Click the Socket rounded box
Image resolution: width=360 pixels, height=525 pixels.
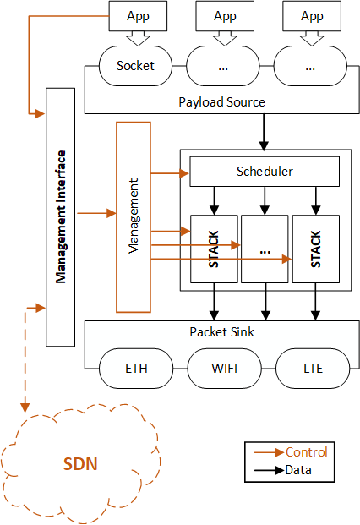[x=135, y=66]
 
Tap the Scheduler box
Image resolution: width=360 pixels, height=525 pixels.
[x=265, y=172]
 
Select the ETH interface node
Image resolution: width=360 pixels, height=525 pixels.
[x=136, y=369]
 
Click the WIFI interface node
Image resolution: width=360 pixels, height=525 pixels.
[x=225, y=369]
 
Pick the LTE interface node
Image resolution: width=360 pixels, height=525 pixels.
[x=313, y=369]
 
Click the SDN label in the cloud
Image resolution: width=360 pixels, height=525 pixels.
[x=80, y=464]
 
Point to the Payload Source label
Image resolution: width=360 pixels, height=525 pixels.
[x=221, y=102]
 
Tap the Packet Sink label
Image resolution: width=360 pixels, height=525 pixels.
[x=221, y=331]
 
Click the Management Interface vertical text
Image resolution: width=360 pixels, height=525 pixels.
[x=61, y=217]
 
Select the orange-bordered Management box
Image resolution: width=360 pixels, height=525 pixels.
[x=134, y=217]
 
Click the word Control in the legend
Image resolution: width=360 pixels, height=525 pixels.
[x=307, y=452]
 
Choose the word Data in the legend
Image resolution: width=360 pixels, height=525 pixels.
[x=298, y=470]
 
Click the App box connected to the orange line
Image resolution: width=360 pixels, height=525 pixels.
[x=138, y=16]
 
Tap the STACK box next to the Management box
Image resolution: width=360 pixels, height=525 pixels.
[x=214, y=249]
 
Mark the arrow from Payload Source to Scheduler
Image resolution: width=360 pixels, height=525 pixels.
[x=264, y=132]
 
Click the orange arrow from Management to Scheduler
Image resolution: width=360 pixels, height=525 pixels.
[x=170, y=173]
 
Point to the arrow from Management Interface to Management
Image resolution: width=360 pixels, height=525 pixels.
[x=96, y=213]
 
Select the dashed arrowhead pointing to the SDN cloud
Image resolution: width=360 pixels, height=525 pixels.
[x=25, y=407]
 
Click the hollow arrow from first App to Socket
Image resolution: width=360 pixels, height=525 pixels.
[x=138, y=39]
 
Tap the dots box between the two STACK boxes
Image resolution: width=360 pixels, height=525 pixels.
[x=265, y=249]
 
